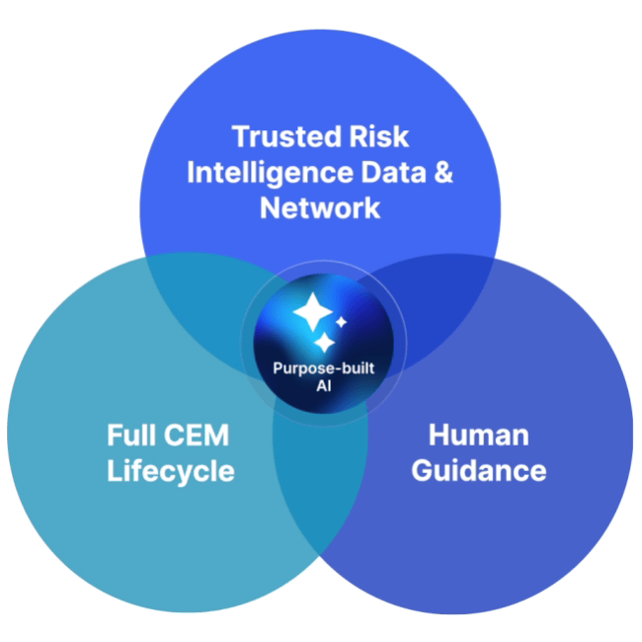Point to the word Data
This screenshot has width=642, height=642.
390,172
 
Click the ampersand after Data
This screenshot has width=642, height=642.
443,172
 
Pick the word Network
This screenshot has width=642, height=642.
319,207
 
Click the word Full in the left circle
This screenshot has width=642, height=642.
134,435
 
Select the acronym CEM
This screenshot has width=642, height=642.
201,435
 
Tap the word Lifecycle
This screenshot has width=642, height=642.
171,470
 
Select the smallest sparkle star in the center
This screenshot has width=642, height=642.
342,322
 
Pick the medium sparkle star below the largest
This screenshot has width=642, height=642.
323,343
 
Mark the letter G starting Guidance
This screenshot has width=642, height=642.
422,470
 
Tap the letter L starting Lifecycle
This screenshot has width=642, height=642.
114,470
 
